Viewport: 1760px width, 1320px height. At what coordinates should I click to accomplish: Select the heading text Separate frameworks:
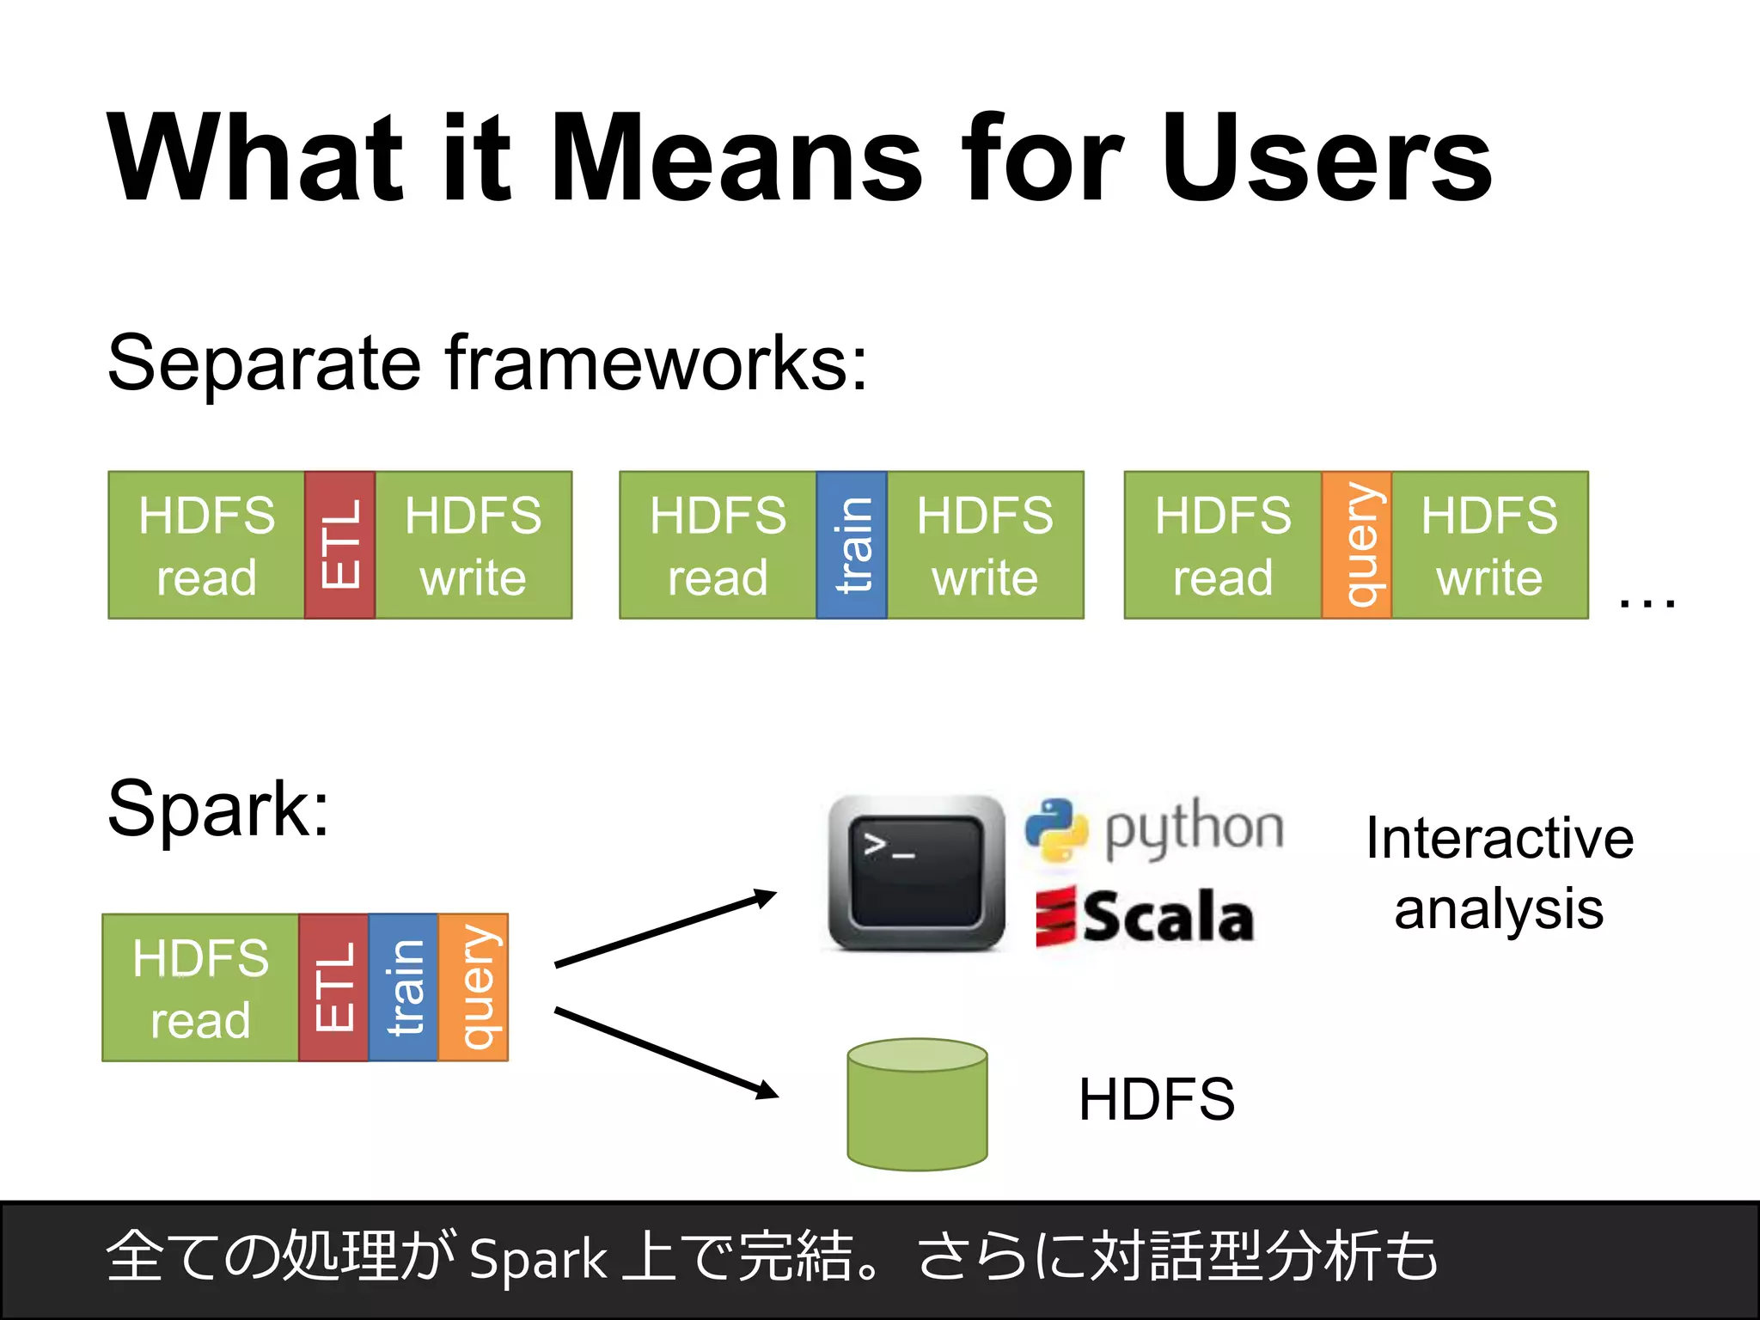[x=487, y=364]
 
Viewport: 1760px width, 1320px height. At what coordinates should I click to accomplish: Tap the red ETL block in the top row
[x=339, y=545]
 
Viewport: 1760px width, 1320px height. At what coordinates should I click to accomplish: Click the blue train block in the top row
[x=851, y=545]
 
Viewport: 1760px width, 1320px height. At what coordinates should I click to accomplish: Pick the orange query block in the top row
[x=1356, y=545]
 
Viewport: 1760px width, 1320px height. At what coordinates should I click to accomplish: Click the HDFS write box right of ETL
[x=474, y=545]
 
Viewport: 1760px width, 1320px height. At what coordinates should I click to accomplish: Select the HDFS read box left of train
[x=718, y=545]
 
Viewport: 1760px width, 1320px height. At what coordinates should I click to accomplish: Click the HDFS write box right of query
[x=1489, y=545]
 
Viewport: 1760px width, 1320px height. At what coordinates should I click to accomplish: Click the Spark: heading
[x=218, y=809]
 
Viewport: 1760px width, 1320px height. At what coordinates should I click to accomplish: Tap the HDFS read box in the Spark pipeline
[x=200, y=987]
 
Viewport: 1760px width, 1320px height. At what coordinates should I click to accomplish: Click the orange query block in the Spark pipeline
[x=474, y=987]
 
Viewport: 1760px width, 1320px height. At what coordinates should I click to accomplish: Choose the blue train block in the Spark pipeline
[x=403, y=987]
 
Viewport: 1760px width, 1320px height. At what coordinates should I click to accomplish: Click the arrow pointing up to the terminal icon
[x=666, y=929]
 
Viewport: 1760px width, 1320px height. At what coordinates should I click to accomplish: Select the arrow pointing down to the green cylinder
[x=666, y=1054]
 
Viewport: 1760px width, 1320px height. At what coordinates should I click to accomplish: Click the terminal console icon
[x=916, y=873]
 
